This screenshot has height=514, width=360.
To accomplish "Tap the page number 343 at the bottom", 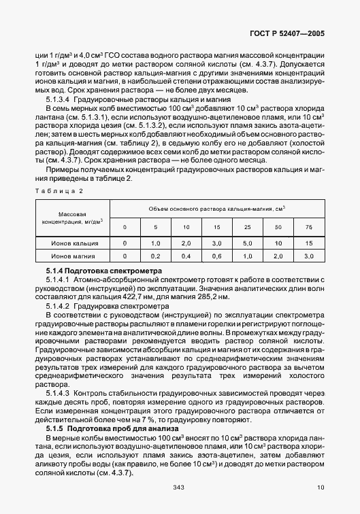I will coord(180,487).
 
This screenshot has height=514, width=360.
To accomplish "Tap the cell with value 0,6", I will coord(217,256).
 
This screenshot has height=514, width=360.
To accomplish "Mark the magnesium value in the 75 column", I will coord(309,256).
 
